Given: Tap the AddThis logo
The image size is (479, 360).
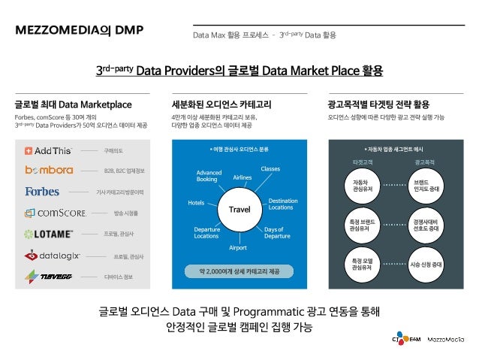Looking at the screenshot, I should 50,150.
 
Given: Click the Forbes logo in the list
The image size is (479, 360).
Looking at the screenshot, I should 42,192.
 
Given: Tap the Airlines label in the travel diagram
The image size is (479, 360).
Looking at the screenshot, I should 243,177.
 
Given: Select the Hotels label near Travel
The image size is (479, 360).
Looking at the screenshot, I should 197,203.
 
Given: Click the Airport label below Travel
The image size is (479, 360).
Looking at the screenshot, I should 237,247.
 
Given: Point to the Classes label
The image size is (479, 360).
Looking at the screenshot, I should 270,168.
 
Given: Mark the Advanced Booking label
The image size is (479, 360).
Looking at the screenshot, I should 208,176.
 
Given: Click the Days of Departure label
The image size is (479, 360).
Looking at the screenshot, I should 277,231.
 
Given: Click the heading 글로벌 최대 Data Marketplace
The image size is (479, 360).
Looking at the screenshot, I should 73,104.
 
